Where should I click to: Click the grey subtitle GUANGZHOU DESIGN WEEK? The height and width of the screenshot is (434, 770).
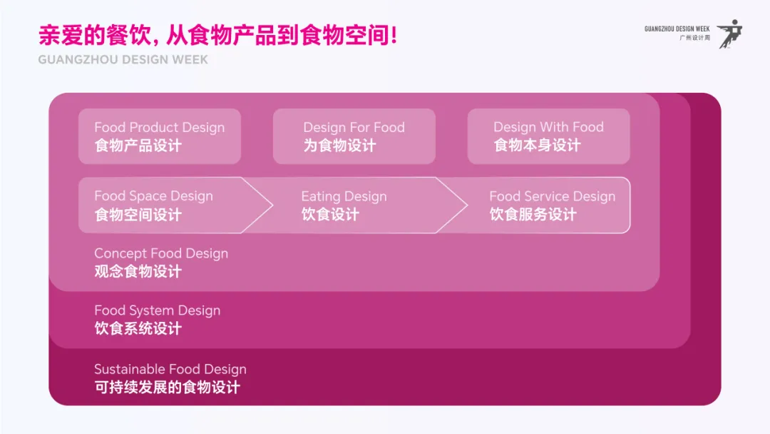tap(123, 60)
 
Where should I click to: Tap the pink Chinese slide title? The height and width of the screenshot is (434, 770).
tap(217, 35)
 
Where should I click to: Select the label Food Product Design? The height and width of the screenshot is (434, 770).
tap(159, 128)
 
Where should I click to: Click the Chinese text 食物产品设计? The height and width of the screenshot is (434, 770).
tap(138, 146)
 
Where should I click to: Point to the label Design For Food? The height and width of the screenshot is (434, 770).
tap(354, 128)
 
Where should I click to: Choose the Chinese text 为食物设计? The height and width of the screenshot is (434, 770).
tap(339, 146)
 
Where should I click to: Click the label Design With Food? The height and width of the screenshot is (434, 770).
tap(548, 127)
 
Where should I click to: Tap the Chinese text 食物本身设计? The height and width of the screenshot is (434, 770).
tap(537, 146)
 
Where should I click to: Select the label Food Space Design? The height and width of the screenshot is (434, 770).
tap(153, 196)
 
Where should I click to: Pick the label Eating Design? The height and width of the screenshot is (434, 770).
tap(344, 196)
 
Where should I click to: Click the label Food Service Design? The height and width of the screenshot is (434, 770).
tap(552, 196)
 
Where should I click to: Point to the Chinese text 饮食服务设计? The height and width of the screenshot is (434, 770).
tap(533, 214)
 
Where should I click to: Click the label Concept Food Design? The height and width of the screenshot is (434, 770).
tap(161, 253)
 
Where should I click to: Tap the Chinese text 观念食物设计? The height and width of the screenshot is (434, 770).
tap(138, 271)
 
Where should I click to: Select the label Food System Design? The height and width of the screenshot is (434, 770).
tap(157, 311)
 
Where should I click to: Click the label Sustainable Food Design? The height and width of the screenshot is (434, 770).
tap(170, 369)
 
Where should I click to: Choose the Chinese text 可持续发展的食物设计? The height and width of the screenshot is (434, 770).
tap(167, 388)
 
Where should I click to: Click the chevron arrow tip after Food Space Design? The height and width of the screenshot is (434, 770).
tap(271, 206)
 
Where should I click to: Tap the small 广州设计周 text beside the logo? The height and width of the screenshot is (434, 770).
tap(695, 39)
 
